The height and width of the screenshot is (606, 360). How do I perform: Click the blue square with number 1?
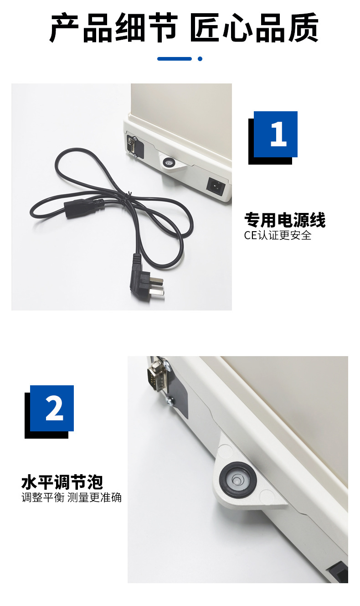276,134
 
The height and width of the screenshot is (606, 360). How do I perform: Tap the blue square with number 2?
52,408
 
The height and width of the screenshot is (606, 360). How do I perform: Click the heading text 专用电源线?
285,220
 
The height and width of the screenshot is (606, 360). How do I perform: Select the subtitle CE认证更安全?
278,235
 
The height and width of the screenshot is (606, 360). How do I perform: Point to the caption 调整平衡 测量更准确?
72,497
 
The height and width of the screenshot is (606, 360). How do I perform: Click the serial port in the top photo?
131,145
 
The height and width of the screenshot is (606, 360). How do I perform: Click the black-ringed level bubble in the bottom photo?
237,479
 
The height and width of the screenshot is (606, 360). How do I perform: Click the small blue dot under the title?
200,59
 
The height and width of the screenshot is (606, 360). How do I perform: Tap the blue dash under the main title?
174,59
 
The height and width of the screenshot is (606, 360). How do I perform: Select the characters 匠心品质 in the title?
253,28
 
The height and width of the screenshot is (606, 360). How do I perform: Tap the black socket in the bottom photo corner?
338,572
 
